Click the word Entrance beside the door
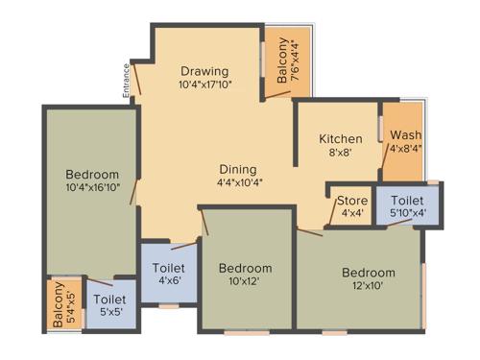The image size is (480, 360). (x=126, y=81)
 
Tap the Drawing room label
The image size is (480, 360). (x=204, y=71)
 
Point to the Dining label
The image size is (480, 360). (x=238, y=168)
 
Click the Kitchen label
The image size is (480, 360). (x=341, y=139)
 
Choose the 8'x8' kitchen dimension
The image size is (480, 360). (x=340, y=153)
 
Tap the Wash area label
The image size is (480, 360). (x=405, y=135)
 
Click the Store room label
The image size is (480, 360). (x=352, y=201)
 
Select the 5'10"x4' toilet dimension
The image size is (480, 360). (x=408, y=213)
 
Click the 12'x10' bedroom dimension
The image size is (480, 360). (x=369, y=286)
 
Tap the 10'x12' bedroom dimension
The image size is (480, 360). (x=245, y=282)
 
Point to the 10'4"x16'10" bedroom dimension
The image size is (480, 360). (x=92, y=187)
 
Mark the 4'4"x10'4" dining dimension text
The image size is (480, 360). (x=238, y=181)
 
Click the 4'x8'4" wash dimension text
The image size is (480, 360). (x=405, y=149)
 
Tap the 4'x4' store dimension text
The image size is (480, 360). (x=352, y=213)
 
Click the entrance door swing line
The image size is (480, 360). (x=137, y=78)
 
